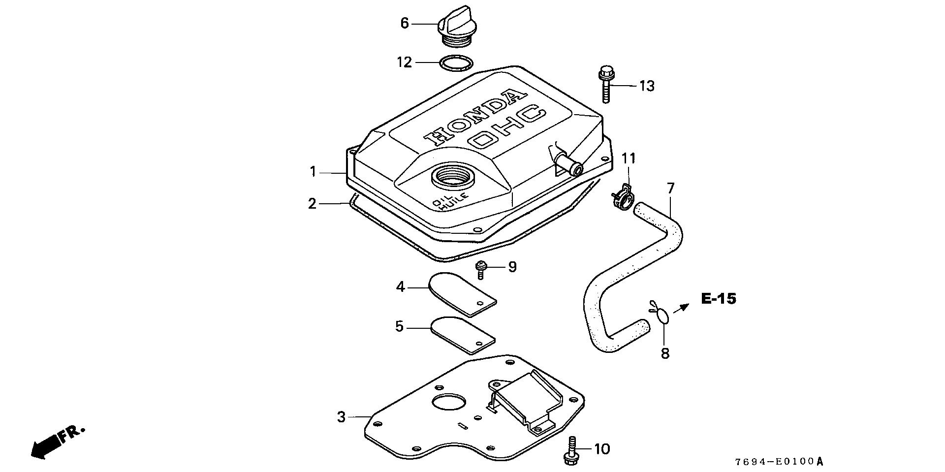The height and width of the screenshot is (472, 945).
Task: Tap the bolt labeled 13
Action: (x=605, y=85)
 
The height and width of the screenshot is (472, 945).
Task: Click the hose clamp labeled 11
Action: (x=622, y=196)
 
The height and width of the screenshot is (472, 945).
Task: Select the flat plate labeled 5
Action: (x=118, y=335)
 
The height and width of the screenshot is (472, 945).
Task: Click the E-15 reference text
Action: (x=719, y=299)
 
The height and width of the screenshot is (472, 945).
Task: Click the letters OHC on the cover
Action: (x=507, y=127)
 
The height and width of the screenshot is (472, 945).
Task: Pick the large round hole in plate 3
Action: (x=448, y=402)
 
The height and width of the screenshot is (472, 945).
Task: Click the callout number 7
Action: (x=670, y=188)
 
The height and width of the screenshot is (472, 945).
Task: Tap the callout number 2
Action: (x=312, y=203)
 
